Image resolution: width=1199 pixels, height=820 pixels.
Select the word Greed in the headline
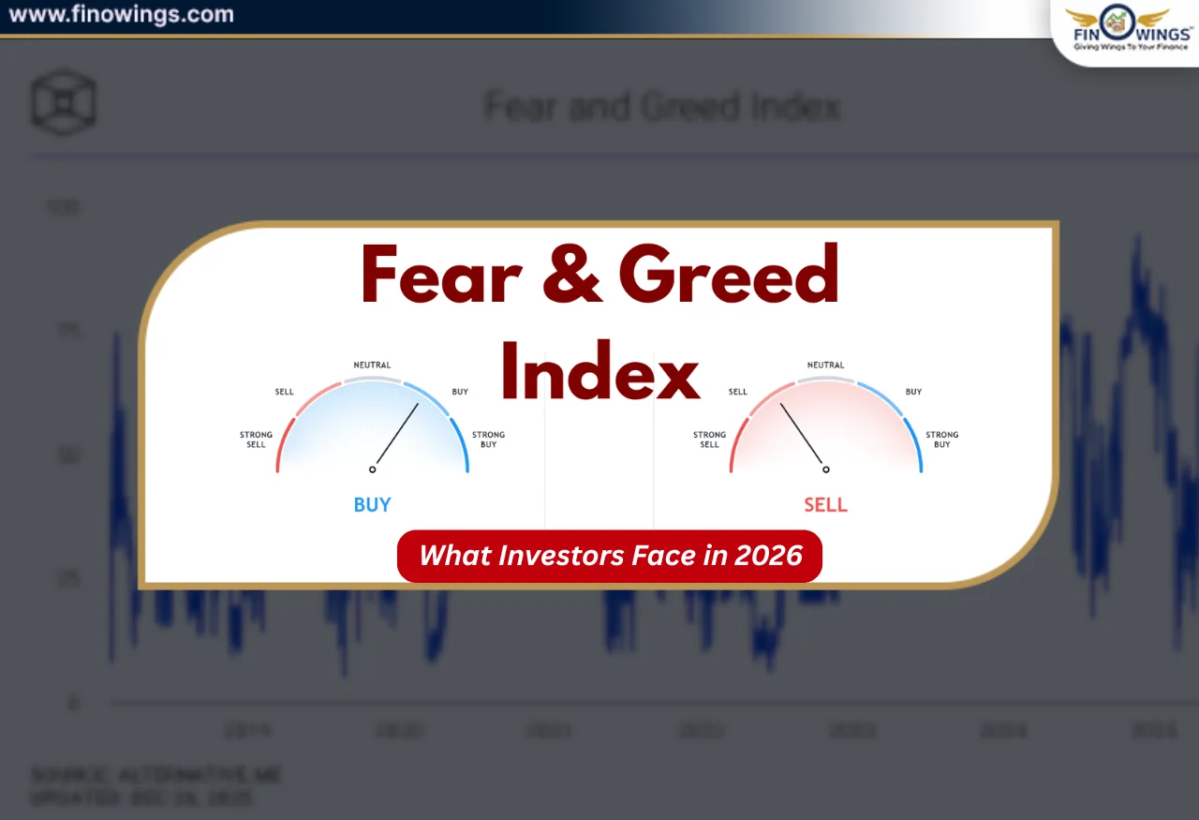pyautogui.click(x=728, y=275)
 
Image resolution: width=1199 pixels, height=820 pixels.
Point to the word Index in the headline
pyautogui.click(x=599, y=370)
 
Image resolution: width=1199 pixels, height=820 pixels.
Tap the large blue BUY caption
pyautogui.click(x=372, y=505)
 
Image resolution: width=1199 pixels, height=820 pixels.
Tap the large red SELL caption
pyautogui.click(x=825, y=505)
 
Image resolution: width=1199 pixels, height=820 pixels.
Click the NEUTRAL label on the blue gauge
pyautogui.click(x=372, y=365)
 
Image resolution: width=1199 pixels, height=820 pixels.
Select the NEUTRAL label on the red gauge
pyautogui.click(x=825, y=365)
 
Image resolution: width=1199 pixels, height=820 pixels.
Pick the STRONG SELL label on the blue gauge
pyautogui.click(x=256, y=440)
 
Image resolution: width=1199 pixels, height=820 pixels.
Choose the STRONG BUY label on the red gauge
pyautogui.click(x=942, y=440)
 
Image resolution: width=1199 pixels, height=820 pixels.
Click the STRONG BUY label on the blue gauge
pyautogui.click(x=488, y=440)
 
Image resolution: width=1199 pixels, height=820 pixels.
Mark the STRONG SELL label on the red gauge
pyautogui.click(x=709, y=440)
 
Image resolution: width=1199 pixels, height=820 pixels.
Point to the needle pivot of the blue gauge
pyautogui.click(x=372, y=470)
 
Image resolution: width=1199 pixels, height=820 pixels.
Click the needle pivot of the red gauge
pyautogui.click(x=825, y=470)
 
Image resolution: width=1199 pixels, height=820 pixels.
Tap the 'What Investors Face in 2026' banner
pyautogui.click(x=610, y=556)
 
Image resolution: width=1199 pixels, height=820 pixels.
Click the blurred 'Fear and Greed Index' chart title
pyautogui.click(x=661, y=107)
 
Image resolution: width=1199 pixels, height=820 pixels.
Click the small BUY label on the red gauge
pyautogui.click(x=913, y=392)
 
